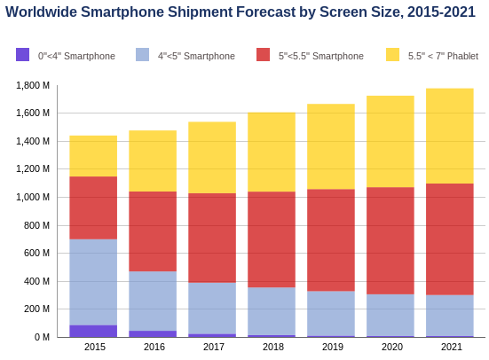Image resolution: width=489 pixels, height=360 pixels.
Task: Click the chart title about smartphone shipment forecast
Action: pos(241,12)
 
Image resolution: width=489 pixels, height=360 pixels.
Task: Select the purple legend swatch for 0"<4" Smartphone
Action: pos(22,55)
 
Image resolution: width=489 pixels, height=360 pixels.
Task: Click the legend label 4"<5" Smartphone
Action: pos(196,56)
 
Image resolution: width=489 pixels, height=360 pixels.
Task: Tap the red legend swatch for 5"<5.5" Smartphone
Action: pos(263,55)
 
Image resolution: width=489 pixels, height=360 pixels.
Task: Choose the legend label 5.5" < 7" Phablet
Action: pos(443,56)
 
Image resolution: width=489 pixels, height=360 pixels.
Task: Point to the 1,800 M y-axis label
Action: pos(33,85)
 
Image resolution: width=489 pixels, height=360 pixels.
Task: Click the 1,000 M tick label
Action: pos(33,197)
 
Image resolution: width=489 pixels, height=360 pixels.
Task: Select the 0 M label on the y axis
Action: pos(42,337)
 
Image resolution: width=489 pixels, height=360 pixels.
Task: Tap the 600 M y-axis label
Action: pos(36,253)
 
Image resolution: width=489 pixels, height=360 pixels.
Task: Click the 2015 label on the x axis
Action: pos(95,347)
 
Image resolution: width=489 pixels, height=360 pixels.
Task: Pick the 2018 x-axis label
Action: pos(273,347)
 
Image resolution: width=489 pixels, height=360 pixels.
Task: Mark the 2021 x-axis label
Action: pos(452,347)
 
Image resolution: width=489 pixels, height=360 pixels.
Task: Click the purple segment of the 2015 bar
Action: pos(93,331)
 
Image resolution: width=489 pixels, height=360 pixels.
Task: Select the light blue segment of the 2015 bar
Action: pos(93,282)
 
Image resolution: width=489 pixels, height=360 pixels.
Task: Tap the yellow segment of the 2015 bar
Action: pos(93,156)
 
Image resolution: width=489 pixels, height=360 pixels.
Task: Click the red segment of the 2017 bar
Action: pos(212,238)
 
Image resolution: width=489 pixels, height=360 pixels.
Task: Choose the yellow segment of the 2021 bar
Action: pos(450,136)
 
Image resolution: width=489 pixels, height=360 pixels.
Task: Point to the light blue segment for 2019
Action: pos(331,314)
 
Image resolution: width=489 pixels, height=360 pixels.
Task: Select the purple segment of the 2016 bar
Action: pos(153,333)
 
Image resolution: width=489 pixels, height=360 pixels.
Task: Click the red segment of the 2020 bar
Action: pos(390,240)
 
